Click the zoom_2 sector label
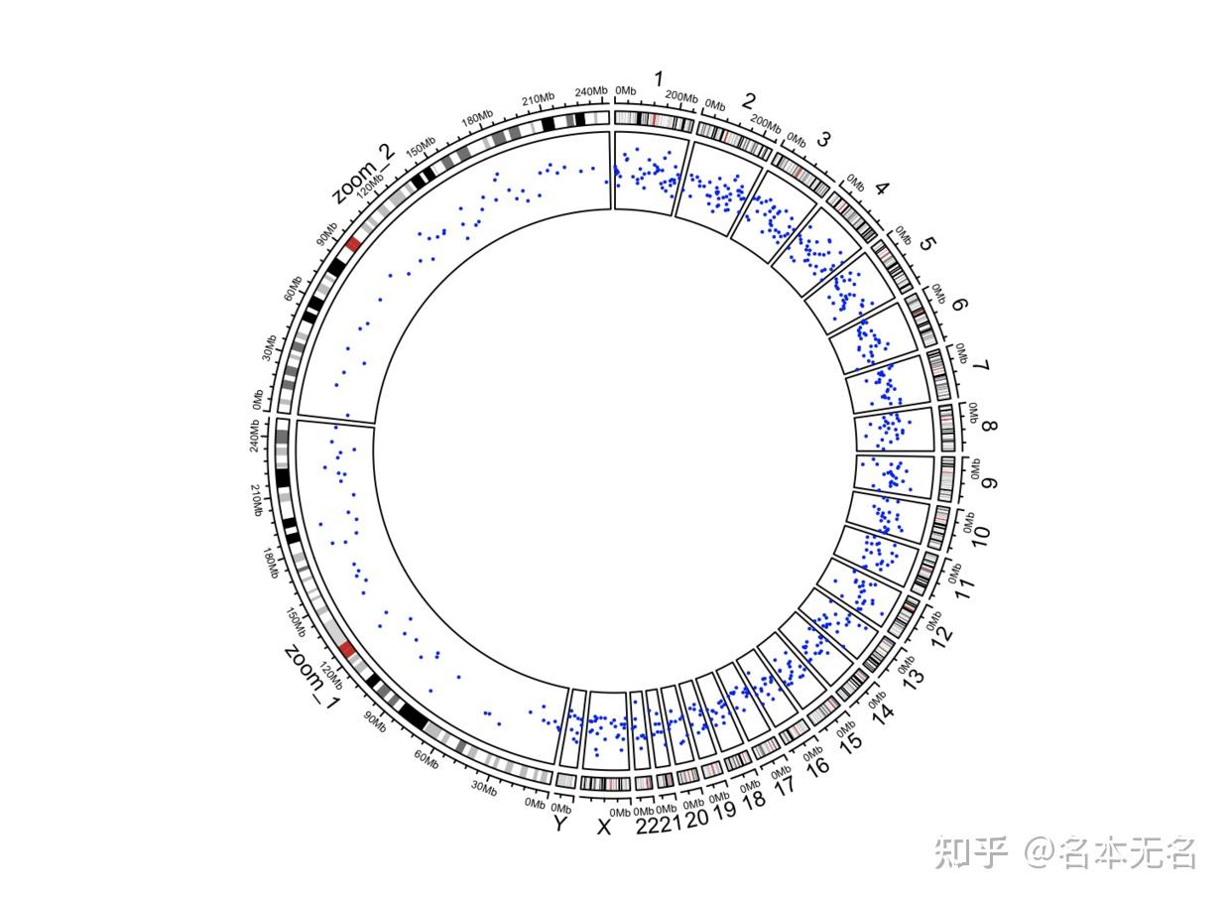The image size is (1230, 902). pos(363,173)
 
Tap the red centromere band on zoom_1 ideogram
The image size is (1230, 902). pos(346,650)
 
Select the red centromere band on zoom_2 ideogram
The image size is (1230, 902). pos(354,244)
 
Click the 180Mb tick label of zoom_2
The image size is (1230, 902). pos(476,117)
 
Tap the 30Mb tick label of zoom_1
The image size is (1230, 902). pos(483,788)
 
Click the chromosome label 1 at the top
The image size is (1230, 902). pos(656,78)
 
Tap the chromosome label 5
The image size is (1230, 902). pos(927,244)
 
